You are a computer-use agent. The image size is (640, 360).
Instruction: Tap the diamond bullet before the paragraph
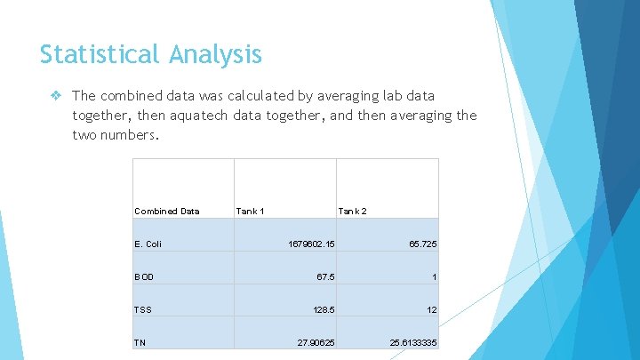point(57,95)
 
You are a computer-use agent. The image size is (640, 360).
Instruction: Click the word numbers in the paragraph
point(132,136)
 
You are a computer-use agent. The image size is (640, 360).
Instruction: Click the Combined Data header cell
point(167,212)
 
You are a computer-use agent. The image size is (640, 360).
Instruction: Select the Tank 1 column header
point(250,212)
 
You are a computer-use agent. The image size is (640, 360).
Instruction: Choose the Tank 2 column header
point(352,212)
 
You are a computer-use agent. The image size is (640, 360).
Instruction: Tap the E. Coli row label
point(148,244)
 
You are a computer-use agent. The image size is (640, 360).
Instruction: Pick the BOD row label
point(144,276)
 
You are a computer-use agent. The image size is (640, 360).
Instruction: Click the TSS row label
point(143,309)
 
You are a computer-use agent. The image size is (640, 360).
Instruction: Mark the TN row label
point(140,342)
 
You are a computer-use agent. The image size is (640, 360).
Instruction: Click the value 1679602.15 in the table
point(311,244)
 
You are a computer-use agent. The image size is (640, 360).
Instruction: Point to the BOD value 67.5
point(325,276)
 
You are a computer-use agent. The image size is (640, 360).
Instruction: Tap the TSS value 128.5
point(323,309)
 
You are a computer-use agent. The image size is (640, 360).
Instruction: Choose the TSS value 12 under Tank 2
point(431,309)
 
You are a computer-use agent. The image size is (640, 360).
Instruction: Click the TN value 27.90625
point(316,342)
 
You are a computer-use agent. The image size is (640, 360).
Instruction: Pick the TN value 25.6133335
point(413,342)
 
